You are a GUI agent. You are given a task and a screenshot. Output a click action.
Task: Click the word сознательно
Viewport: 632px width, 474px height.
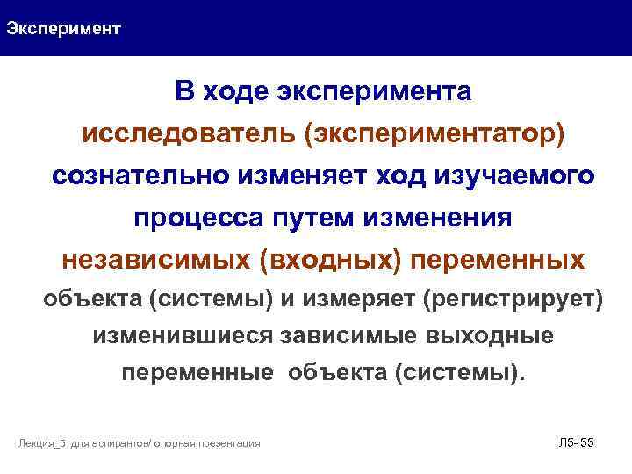pyautogui.click(x=140, y=176)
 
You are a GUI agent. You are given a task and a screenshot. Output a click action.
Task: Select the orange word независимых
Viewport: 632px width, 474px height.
pyautogui.click(x=157, y=260)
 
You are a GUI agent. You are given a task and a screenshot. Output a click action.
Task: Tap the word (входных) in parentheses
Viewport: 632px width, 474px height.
pyautogui.click(x=334, y=260)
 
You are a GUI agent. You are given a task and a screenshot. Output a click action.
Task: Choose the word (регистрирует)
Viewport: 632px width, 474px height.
pyautogui.click(x=513, y=299)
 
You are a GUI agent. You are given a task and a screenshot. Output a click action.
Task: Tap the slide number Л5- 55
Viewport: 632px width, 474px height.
pyautogui.click(x=576, y=442)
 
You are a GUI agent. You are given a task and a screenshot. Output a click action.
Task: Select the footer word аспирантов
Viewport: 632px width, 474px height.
pyautogui.click(x=120, y=444)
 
